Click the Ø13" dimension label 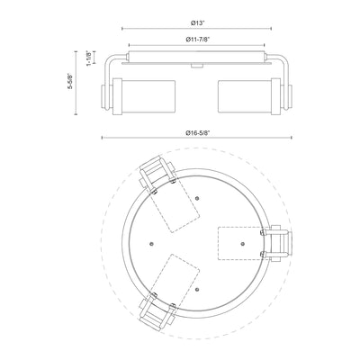click(196, 23)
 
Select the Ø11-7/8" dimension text click(197, 40)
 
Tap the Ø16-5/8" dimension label click(197, 132)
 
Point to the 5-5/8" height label click(71, 82)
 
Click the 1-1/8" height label click(89, 58)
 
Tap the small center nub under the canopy click(196, 66)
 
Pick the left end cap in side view click(103, 96)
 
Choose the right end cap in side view click(290, 96)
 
